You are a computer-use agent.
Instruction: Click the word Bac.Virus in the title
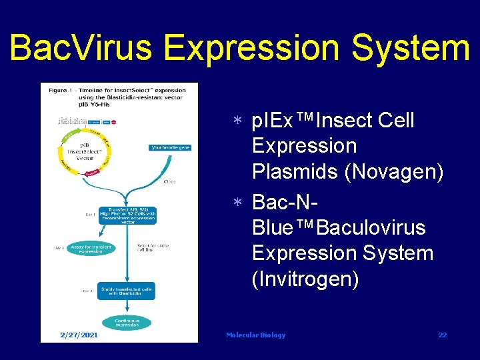point(81,47)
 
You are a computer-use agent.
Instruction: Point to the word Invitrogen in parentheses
point(305,279)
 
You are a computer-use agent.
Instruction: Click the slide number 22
point(443,335)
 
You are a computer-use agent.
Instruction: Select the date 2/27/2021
point(79,335)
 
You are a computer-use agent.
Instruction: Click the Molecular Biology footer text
point(255,335)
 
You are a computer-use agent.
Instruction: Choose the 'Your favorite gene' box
point(171,147)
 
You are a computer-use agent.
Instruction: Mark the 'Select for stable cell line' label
point(153,247)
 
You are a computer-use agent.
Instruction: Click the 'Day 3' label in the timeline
point(59,248)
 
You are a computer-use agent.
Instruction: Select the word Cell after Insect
point(396,121)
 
